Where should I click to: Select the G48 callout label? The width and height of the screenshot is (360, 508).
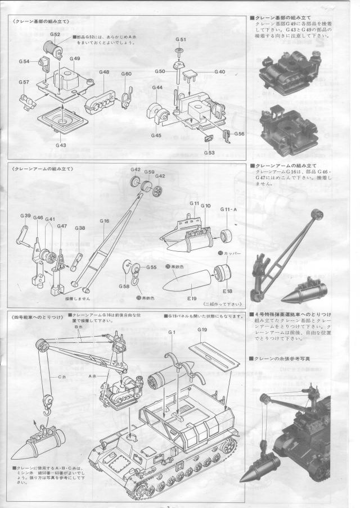(104, 72)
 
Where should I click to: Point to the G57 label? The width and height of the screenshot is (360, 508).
(24, 82)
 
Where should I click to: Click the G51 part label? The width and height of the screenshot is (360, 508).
(181, 39)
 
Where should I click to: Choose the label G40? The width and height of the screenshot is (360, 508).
(219, 72)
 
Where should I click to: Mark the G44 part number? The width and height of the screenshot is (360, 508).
(157, 88)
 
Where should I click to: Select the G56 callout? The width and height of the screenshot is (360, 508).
(239, 134)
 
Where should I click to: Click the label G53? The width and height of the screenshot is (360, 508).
(209, 153)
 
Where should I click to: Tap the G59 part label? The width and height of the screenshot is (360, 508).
(150, 172)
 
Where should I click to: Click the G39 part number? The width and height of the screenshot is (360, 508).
(26, 216)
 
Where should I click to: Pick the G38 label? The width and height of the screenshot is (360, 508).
(80, 228)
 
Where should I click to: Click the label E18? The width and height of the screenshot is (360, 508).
(227, 291)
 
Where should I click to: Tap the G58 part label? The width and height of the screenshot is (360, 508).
(124, 287)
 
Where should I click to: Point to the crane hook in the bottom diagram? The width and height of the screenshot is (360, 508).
(48, 403)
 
